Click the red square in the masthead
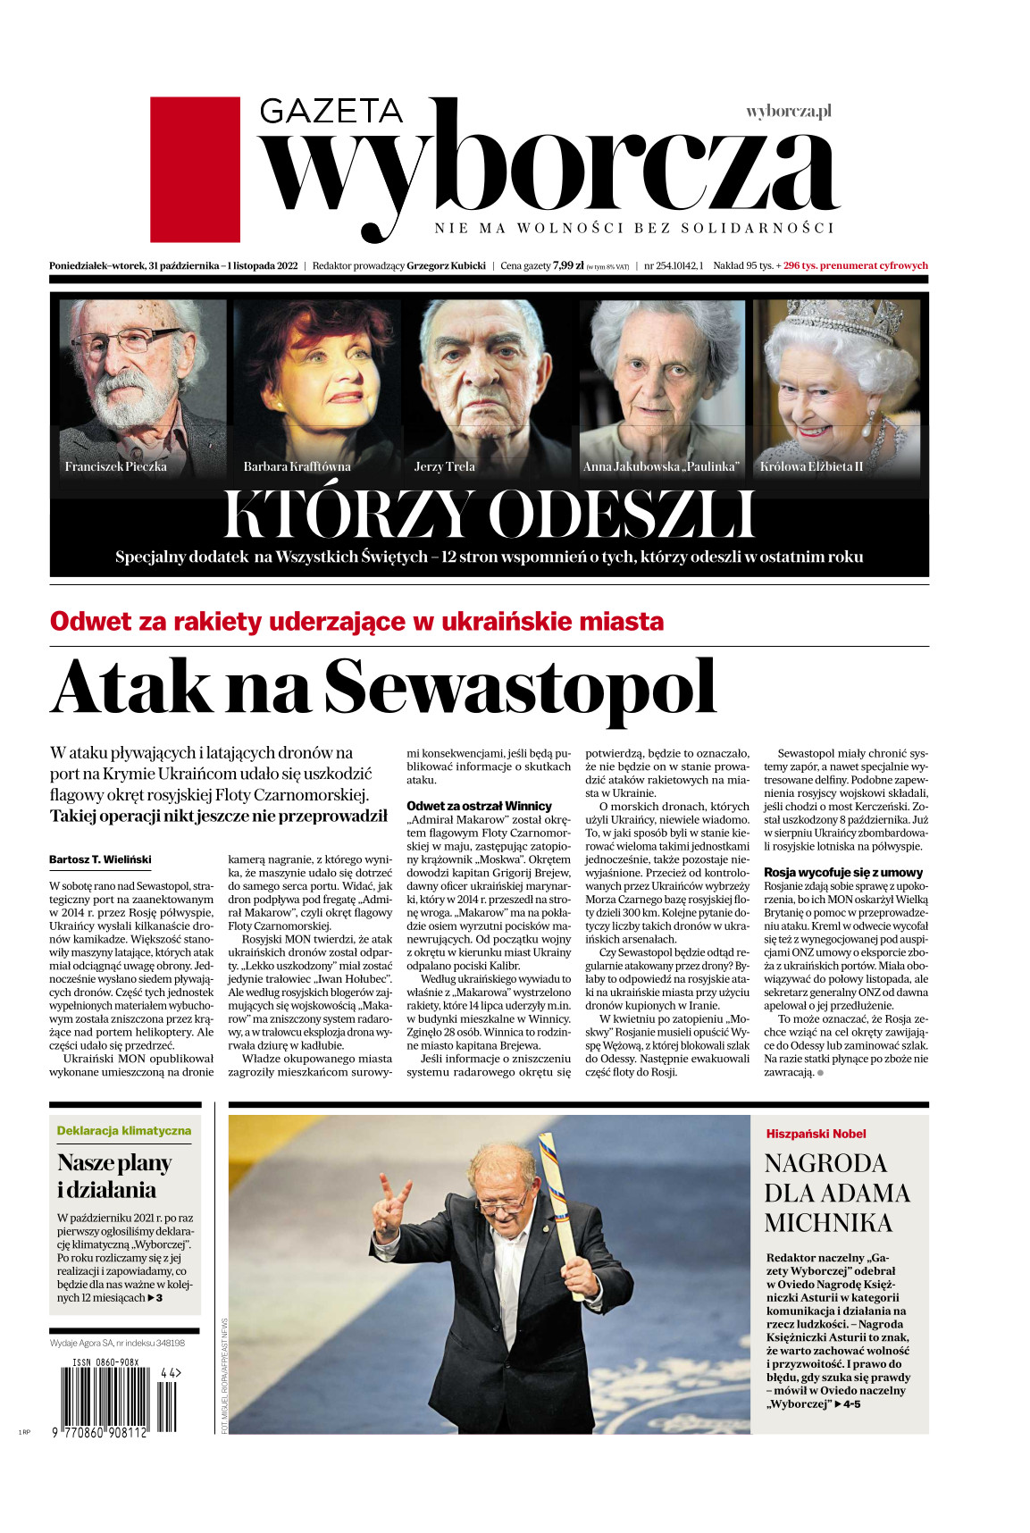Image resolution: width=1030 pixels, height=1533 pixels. tap(195, 169)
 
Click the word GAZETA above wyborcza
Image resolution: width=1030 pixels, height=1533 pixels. tap(331, 111)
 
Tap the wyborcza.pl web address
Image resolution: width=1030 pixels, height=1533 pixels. tap(788, 112)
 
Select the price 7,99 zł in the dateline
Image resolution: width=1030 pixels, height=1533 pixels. tap(568, 265)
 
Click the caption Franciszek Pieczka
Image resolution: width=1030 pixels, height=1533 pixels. tap(115, 466)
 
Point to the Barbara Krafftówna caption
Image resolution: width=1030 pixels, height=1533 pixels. tap(297, 466)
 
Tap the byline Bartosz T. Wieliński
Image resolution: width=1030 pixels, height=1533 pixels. tap(100, 859)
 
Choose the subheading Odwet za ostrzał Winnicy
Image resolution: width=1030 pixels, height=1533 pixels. tap(479, 806)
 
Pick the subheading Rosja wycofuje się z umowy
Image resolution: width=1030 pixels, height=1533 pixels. tap(842, 872)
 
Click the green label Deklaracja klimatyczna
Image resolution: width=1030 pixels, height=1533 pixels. tap(123, 1130)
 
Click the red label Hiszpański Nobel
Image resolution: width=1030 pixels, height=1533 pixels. tap(816, 1134)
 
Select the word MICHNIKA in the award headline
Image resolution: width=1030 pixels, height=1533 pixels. tap(828, 1223)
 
